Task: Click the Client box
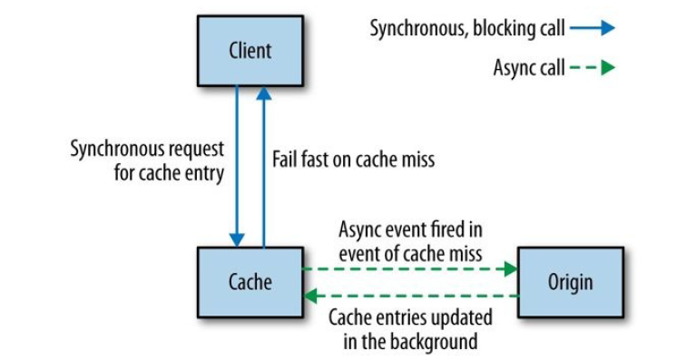click(x=250, y=51)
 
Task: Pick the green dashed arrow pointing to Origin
click(x=409, y=268)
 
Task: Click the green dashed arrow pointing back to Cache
click(x=409, y=295)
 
